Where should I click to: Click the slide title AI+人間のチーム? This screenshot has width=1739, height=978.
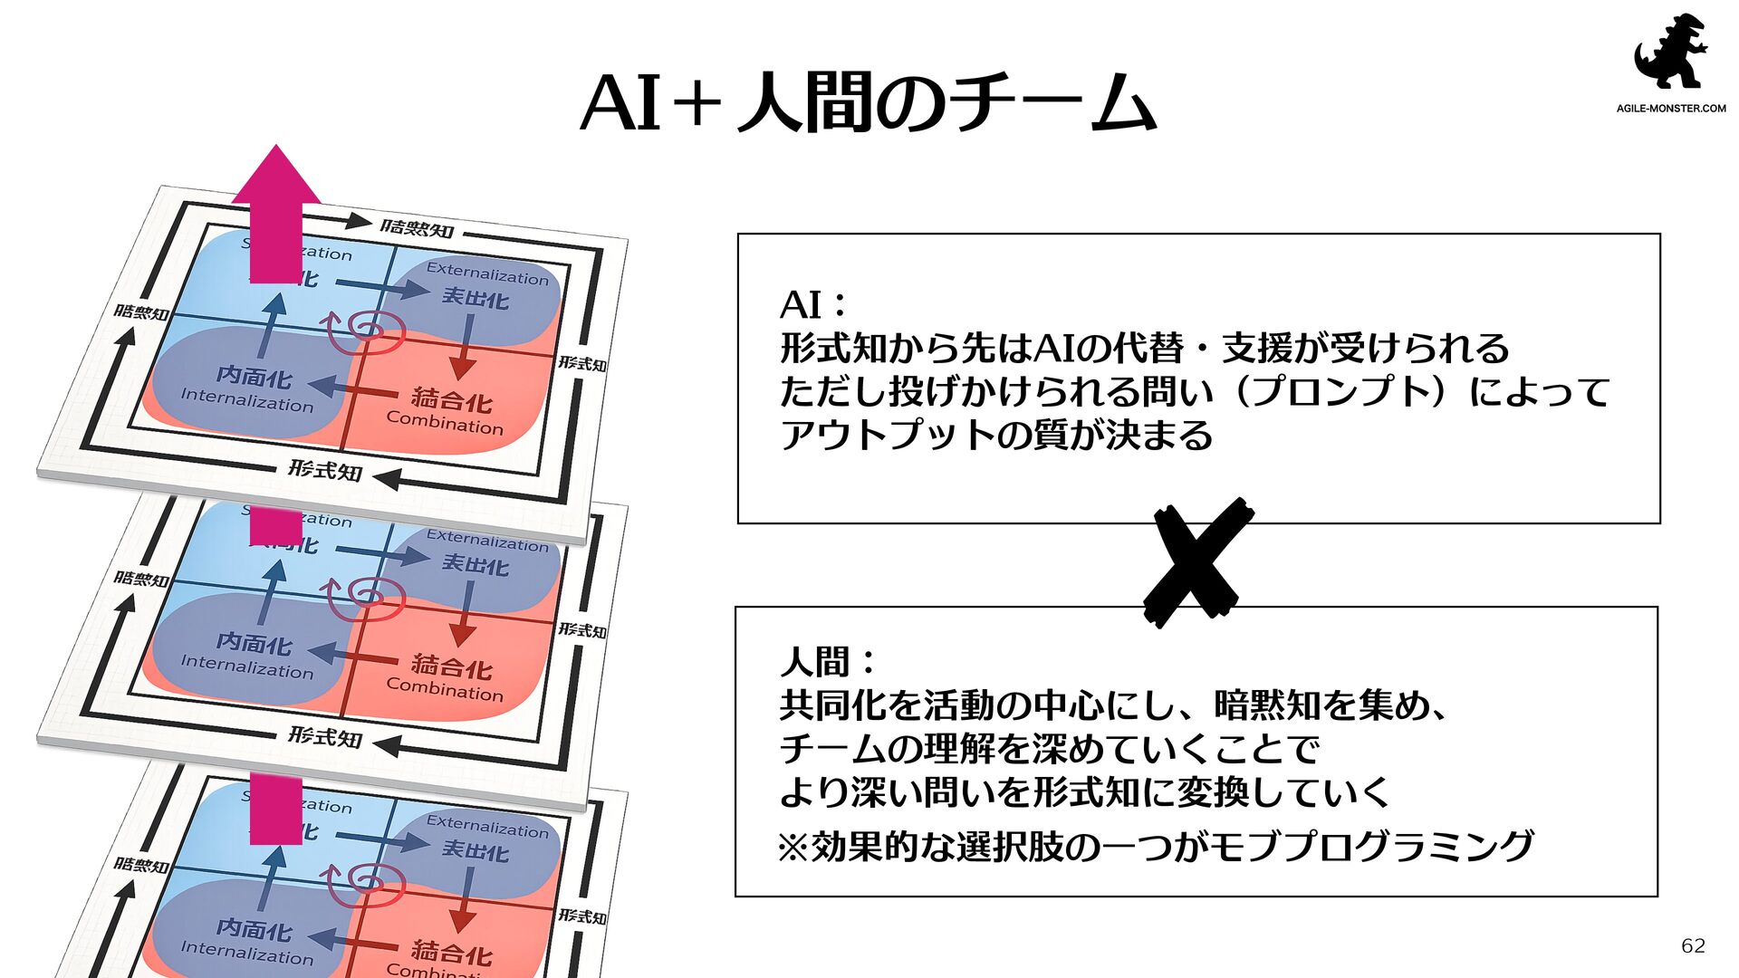point(868,103)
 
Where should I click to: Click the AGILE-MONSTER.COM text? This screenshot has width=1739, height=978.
point(1671,109)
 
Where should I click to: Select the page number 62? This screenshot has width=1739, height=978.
point(1693,945)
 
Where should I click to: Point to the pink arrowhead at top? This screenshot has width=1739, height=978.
point(276,176)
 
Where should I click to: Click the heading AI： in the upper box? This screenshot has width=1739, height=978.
point(813,305)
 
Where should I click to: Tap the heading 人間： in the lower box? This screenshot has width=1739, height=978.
point(827,662)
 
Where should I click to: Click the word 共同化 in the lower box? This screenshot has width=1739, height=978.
point(833,705)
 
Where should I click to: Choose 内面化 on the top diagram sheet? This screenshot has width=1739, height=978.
point(255,376)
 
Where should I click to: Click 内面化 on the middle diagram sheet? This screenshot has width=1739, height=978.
point(255,643)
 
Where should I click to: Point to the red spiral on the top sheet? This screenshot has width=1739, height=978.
point(367,332)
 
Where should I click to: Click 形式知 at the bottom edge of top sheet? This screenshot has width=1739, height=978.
point(325,470)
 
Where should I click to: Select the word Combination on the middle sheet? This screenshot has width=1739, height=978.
point(444,690)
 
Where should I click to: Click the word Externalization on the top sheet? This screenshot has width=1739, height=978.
point(487,273)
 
